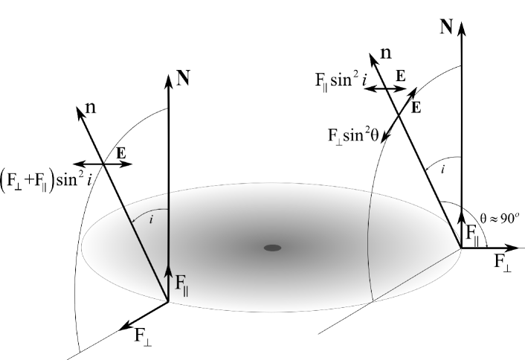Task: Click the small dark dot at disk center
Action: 273,247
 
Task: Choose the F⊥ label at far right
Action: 501,263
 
